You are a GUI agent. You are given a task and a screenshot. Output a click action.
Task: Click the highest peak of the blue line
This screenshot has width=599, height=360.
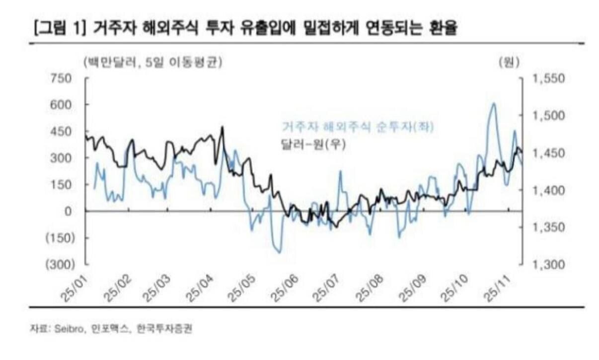[x=493, y=104]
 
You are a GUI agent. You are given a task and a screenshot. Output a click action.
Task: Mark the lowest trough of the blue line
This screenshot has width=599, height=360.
[x=280, y=252]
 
